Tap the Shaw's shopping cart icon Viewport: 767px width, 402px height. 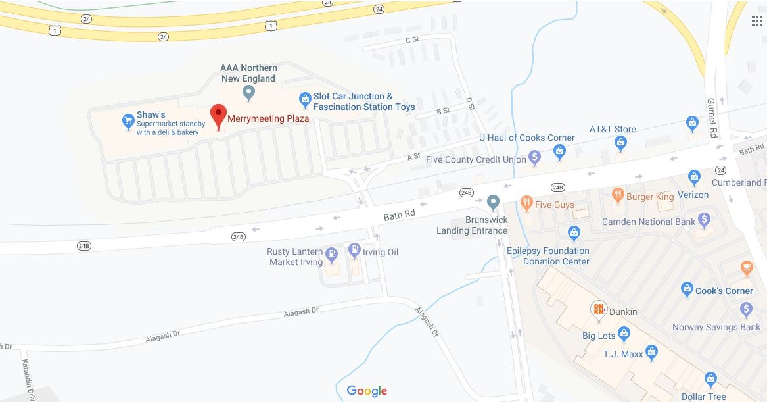coord(129,121)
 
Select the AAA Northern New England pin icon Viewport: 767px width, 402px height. coord(248,94)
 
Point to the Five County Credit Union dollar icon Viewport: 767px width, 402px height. coord(535,158)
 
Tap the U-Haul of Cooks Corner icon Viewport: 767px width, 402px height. coord(559,153)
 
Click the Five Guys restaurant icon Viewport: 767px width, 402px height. coord(526,203)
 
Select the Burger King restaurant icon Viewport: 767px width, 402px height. coord(617,195)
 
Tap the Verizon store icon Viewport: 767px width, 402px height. coord(694,177)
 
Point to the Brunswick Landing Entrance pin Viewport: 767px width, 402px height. coord(494,202)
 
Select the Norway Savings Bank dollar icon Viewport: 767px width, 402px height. coord(745,309)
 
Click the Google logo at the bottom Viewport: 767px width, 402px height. coord(367,391)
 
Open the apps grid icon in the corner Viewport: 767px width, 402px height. coord(756,20)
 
